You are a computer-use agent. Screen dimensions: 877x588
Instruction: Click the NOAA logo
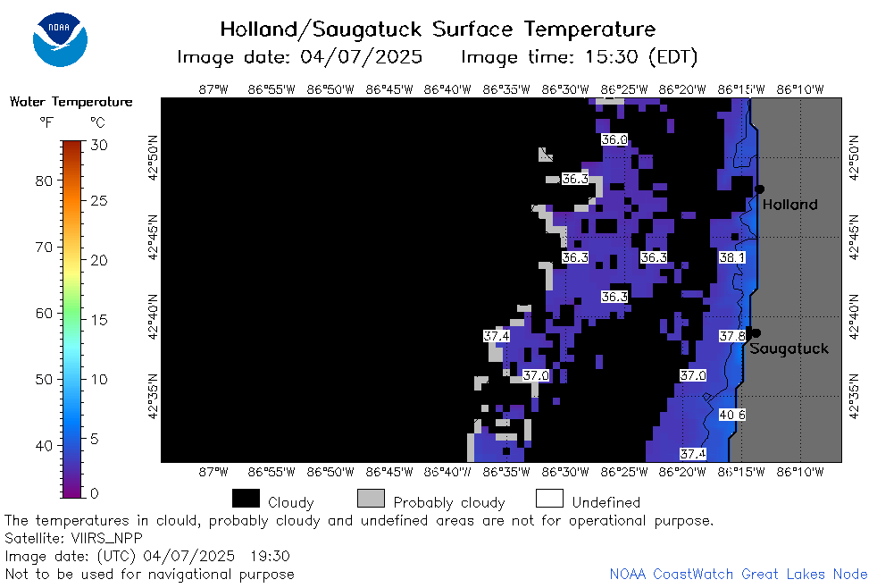pos(60,39)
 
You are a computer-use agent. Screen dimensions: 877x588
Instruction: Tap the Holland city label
pos(789,205)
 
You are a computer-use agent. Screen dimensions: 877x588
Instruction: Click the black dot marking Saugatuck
pos(756,333)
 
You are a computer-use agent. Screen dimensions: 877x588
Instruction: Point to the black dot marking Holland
pos(759,189)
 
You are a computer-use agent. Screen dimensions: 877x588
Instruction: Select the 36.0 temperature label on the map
pos(614,139)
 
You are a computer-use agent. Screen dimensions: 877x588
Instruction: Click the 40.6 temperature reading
pos(732,415)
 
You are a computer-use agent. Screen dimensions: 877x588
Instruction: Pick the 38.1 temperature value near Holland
pos(732,257)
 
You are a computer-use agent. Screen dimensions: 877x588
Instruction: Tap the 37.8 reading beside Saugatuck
pos(732,336)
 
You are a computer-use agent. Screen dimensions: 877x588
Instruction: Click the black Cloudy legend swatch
pos(246,499)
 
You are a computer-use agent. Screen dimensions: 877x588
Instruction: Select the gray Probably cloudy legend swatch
pos(371,499)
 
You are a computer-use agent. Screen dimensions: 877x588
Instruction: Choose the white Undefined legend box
pos(549,499)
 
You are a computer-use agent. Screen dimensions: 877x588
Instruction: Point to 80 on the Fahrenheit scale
pos(44,181)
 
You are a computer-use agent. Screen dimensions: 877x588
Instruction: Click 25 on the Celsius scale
pos(98,200)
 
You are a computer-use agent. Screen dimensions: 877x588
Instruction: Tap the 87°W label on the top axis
pos(213,89)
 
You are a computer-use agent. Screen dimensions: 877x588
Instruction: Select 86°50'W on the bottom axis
pos(330,472)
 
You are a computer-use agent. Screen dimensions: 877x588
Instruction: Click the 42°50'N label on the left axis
pos(153,158)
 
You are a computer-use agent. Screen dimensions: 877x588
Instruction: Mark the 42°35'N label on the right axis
pos(854,396)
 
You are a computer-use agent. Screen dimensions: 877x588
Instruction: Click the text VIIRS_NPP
pos(107,538)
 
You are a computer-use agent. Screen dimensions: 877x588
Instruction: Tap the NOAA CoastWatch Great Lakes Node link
pos(739,574)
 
